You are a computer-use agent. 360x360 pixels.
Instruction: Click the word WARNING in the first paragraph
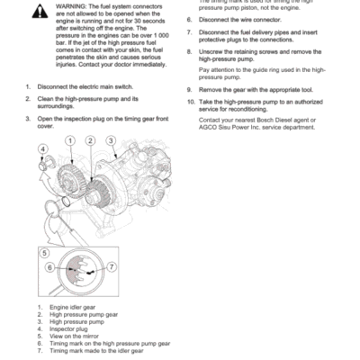(72, 4)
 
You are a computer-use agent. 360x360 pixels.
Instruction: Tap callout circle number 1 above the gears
(67, 141)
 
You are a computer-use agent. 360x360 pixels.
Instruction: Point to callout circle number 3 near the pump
(112, 140)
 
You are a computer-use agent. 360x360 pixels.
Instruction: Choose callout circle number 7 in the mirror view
(112, 268)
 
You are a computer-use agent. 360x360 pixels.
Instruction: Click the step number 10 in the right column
(192, 101)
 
